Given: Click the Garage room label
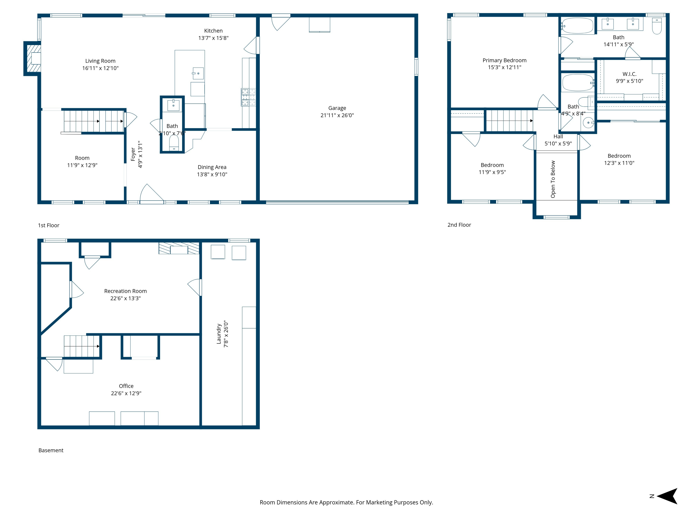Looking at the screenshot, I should click(x=337, y=108).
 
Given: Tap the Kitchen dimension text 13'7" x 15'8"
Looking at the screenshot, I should click(x=213, y=38).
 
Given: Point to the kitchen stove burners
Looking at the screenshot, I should click(x=248, y=97).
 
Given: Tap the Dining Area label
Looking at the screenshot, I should click(x=212, y=167).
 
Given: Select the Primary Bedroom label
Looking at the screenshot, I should click(x=505, y=60).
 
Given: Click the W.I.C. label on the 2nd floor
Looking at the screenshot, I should click(x=629, y=74).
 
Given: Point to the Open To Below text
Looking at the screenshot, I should click(x=553, y=179).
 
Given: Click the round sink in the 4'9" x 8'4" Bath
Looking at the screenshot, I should click(x=588, y=122).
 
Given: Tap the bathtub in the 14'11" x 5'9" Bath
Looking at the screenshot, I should click(x=578, y=26).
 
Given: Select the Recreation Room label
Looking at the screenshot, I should click(x=125, y=291).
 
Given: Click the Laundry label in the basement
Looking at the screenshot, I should click(x=219, y=334).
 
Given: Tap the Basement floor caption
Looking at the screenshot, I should click(x=51, y=450).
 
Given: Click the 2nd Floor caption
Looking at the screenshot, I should click(x=459, y=225).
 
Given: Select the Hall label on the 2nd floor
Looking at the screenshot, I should click(x=558, y=136).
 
